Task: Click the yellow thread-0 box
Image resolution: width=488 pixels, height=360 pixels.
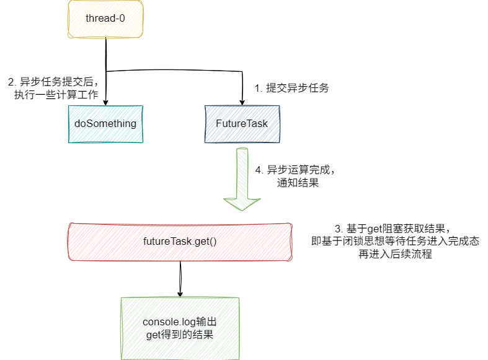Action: coord(105,19)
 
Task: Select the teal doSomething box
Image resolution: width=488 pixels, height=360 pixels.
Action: coord(105,123)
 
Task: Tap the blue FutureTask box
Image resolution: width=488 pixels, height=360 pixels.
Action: coord(242,123)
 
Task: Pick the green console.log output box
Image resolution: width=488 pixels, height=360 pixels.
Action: coord(180,328)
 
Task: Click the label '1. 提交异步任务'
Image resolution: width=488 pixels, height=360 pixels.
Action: coord(291,88)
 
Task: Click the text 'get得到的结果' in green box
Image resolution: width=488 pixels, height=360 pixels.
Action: coord(180,335)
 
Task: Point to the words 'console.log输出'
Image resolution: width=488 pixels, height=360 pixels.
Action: coord(180,322)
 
